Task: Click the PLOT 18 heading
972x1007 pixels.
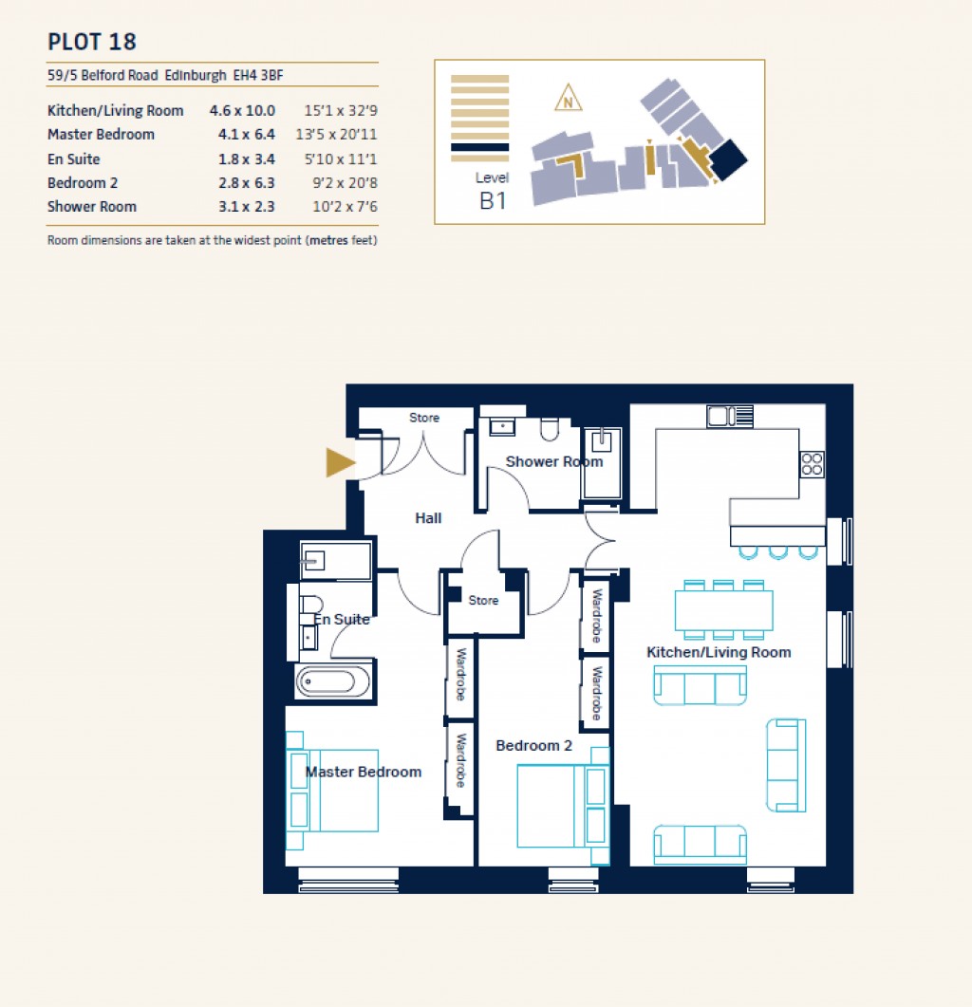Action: click(92, 42)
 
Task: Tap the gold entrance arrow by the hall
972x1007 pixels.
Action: click(340, 462)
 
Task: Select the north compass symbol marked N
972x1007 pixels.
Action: click(568, 99)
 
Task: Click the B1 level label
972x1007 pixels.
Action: click(492, 200)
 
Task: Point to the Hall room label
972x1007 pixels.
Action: click(428, 518)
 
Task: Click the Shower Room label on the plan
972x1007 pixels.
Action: click(553, 462)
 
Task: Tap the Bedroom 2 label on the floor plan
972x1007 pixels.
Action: click(533, 746)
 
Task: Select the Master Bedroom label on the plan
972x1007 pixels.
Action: click(363, 772)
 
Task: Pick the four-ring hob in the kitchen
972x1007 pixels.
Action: click(813, 463)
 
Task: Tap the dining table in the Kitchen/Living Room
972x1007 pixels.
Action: click(723, 609)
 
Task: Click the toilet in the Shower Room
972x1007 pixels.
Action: click(550, 430)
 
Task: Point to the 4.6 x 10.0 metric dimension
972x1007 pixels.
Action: click(242, 110)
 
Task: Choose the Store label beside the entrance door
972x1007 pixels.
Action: click(424, 418)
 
